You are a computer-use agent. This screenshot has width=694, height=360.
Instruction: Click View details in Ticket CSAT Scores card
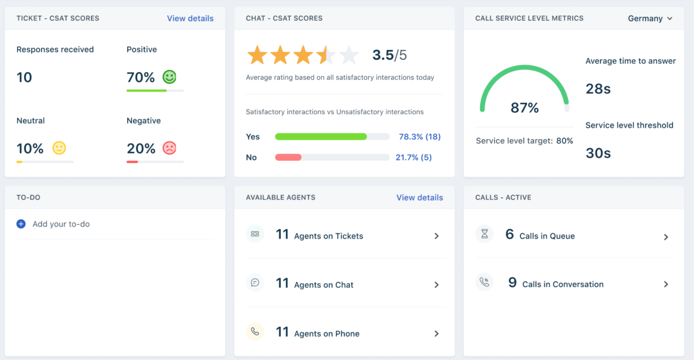pyautogui.click(x=190, y=18)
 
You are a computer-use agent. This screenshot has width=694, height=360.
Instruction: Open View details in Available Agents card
pyautogui.click(x=420, y=198)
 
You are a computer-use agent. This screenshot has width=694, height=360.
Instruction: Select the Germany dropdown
pyautogui.click(x=650, y=18)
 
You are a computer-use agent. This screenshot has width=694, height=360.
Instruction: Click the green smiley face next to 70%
pyautogui.click(x=169, y=77)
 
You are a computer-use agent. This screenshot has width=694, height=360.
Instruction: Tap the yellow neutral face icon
pyautogui.click(x=59, y=148)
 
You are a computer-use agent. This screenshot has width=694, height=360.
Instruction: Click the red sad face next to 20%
pyautogui.click(x=169, y=148)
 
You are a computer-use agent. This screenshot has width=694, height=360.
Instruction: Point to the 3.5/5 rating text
pyautogui.click(x=389, y=55)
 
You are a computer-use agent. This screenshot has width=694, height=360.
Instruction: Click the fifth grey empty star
pyautogui.click(x=349, y=55)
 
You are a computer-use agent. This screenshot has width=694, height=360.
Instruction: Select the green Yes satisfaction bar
pyautogui.click(x=321, y=137)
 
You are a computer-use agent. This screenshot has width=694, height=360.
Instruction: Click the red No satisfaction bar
pyautogui.click(x=288, y=158)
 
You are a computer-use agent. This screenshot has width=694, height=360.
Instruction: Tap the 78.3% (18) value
pyautogui.click(x=420, y=137)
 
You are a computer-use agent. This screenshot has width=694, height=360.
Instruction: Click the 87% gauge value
pyautogui.click(x=524, y=108)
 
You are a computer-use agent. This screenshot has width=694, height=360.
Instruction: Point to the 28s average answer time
pyautogui.click(x=598, y=89)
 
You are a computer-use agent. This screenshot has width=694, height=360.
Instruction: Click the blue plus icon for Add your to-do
pyautogui.click(x=21, y=224)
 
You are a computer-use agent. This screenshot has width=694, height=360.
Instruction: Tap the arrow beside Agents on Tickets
pyautogui.click(x=437, y=236)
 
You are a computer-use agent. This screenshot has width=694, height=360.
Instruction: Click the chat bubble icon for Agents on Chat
pyautogui.click(x=255, y=283)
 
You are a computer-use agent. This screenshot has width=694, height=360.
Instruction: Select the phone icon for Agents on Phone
pyautogui.click(x=255, y=332)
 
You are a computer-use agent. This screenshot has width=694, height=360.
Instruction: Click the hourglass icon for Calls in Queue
pyautogui.click(x=484, y=234)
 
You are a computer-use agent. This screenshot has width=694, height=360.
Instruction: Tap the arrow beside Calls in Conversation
pyautogui.click(x=666, y=284)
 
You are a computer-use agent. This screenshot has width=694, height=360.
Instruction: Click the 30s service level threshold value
pyautogui.click(x=598, y=153)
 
